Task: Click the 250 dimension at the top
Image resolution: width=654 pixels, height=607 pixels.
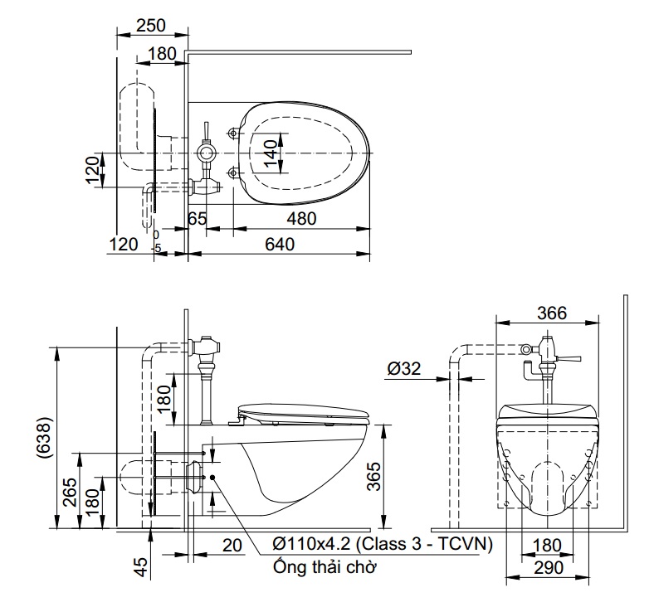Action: tap(150, 26)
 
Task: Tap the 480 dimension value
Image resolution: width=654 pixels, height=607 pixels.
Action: tap(300, 219)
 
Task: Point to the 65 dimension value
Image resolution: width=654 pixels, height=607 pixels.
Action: tap(197, 219)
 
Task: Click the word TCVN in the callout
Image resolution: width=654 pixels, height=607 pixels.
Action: tap(466, 545)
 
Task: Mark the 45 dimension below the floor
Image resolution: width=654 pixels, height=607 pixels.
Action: tap(141, 567)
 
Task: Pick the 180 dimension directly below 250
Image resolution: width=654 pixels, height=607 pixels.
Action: tap(163, 55)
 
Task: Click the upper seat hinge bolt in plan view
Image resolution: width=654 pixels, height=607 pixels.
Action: tap(233, 133)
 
